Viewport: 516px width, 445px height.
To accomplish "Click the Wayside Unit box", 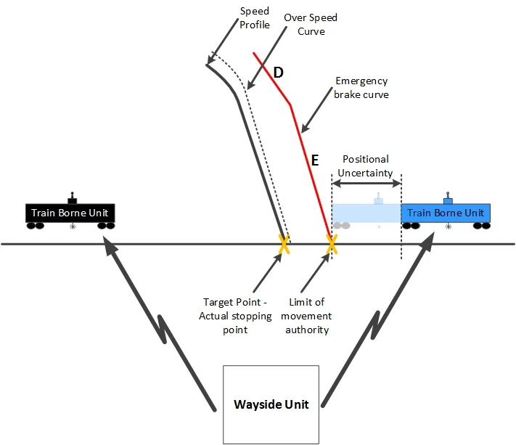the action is [271, 404].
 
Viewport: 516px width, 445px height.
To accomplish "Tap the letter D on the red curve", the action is [279, 73].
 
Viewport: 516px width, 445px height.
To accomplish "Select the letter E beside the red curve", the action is [315, 160].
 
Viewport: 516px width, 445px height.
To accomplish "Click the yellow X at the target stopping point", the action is [284, 244].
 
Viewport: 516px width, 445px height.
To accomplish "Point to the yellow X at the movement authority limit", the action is [332, 244].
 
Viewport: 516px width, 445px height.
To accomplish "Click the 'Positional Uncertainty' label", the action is [365, 166].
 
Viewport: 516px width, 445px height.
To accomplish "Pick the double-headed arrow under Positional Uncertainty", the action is [366, 184].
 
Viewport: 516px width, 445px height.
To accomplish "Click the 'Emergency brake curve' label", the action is [361, 88].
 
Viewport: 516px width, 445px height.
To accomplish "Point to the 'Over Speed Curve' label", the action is [311, 25].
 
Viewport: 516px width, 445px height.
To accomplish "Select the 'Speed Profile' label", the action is [255, 17].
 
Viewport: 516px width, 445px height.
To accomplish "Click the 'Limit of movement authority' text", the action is [306, 316].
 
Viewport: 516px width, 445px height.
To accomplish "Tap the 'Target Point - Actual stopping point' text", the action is [235, 316].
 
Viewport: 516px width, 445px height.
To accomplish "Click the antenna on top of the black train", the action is [72, 197].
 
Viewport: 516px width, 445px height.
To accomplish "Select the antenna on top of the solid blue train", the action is [448, 197].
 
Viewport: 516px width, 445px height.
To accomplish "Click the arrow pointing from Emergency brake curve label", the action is [316, 110].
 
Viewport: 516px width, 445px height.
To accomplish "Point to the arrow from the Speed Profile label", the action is [223, 41].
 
